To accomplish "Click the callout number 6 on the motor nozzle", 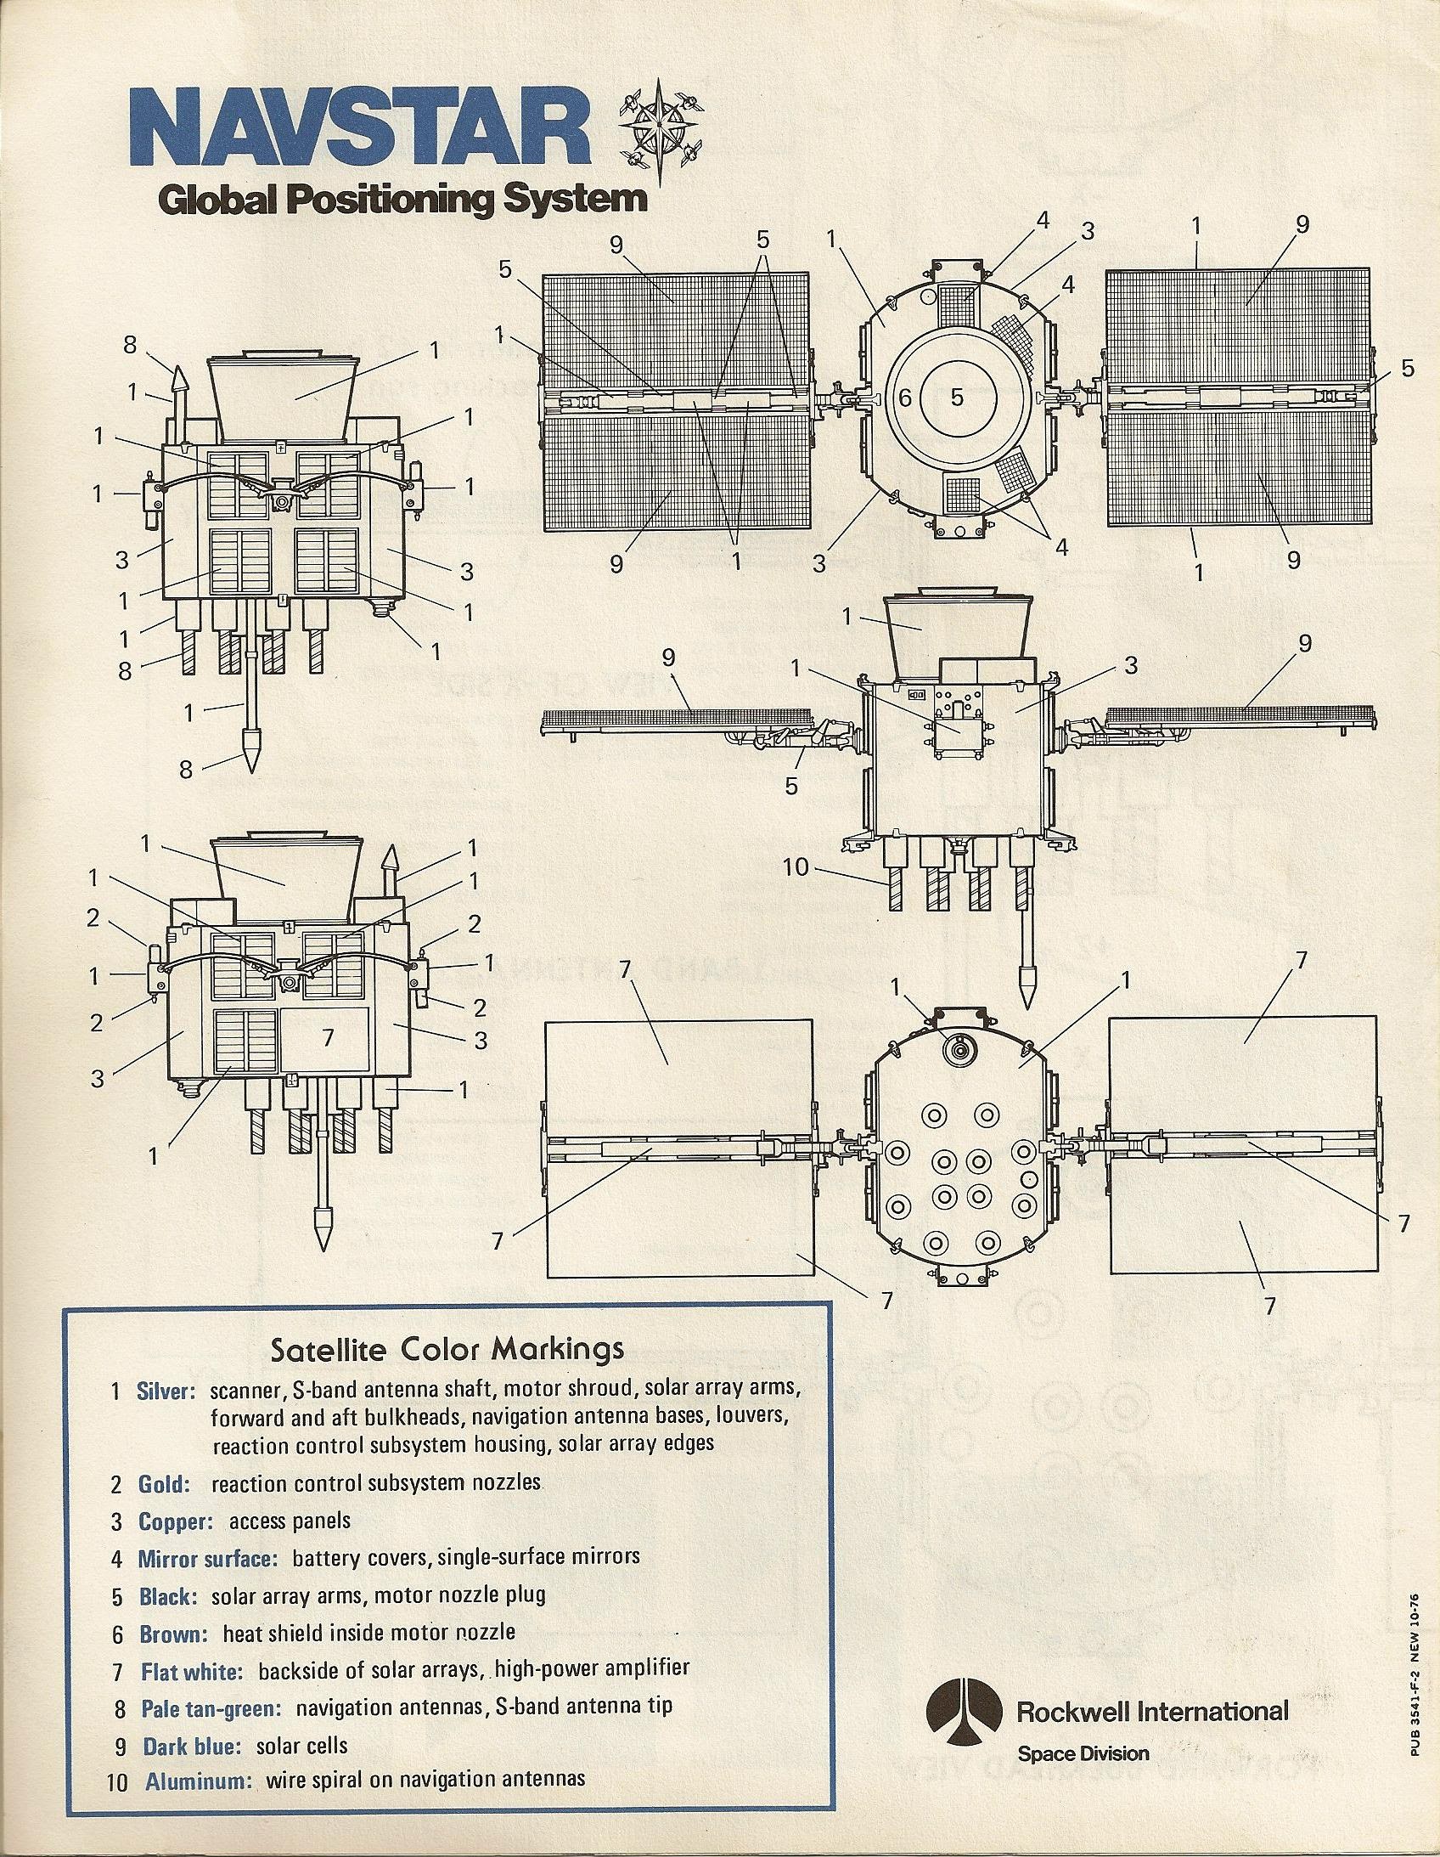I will (x=904, y=397).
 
